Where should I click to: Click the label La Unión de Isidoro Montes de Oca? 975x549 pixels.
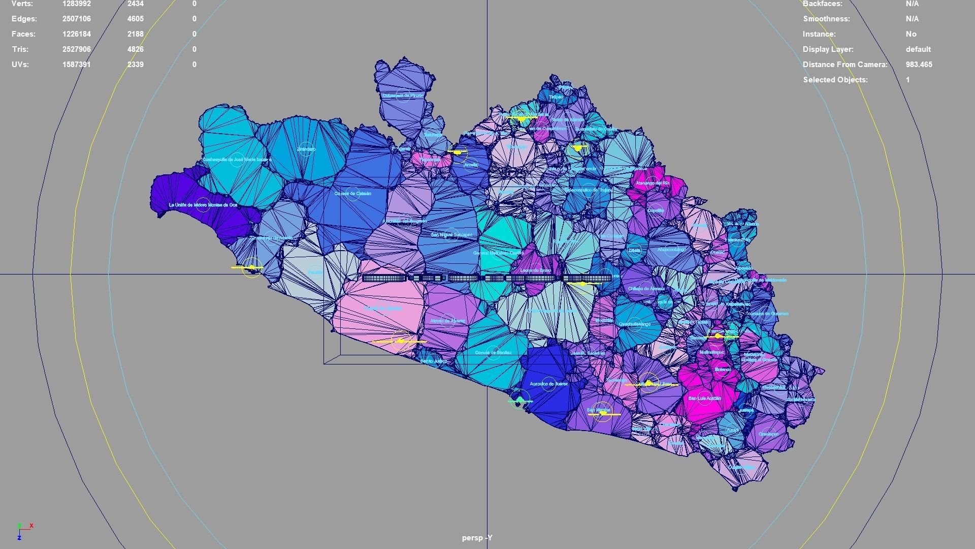pos(203,205)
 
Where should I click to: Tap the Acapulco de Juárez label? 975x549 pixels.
pos(548,384)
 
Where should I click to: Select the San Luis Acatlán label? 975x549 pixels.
pos(704,399)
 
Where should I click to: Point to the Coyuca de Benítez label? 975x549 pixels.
pos(493,352)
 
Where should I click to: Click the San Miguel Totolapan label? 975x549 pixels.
pos(451,235)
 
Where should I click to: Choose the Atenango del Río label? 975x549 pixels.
pos(653,183)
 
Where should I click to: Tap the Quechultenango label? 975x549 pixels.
pos(634,324)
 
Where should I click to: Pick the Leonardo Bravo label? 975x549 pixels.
pos(535,271)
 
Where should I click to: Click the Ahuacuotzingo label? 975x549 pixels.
pos(671,250)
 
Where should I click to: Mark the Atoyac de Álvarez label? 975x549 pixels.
pos(447,321)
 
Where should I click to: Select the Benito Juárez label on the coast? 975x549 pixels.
pos(434,361)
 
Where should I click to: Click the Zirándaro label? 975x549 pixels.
pos(306,149)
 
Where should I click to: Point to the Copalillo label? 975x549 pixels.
pos(656,210)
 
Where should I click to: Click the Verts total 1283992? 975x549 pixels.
pos(77,4)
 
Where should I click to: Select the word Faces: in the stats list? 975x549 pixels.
pos(24,34)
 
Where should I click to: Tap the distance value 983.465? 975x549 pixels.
pos(919,65)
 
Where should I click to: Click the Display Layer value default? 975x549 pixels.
pos(918,49)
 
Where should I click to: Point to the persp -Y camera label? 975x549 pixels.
pos(477,538)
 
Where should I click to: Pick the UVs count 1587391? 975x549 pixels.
pos(77,65)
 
